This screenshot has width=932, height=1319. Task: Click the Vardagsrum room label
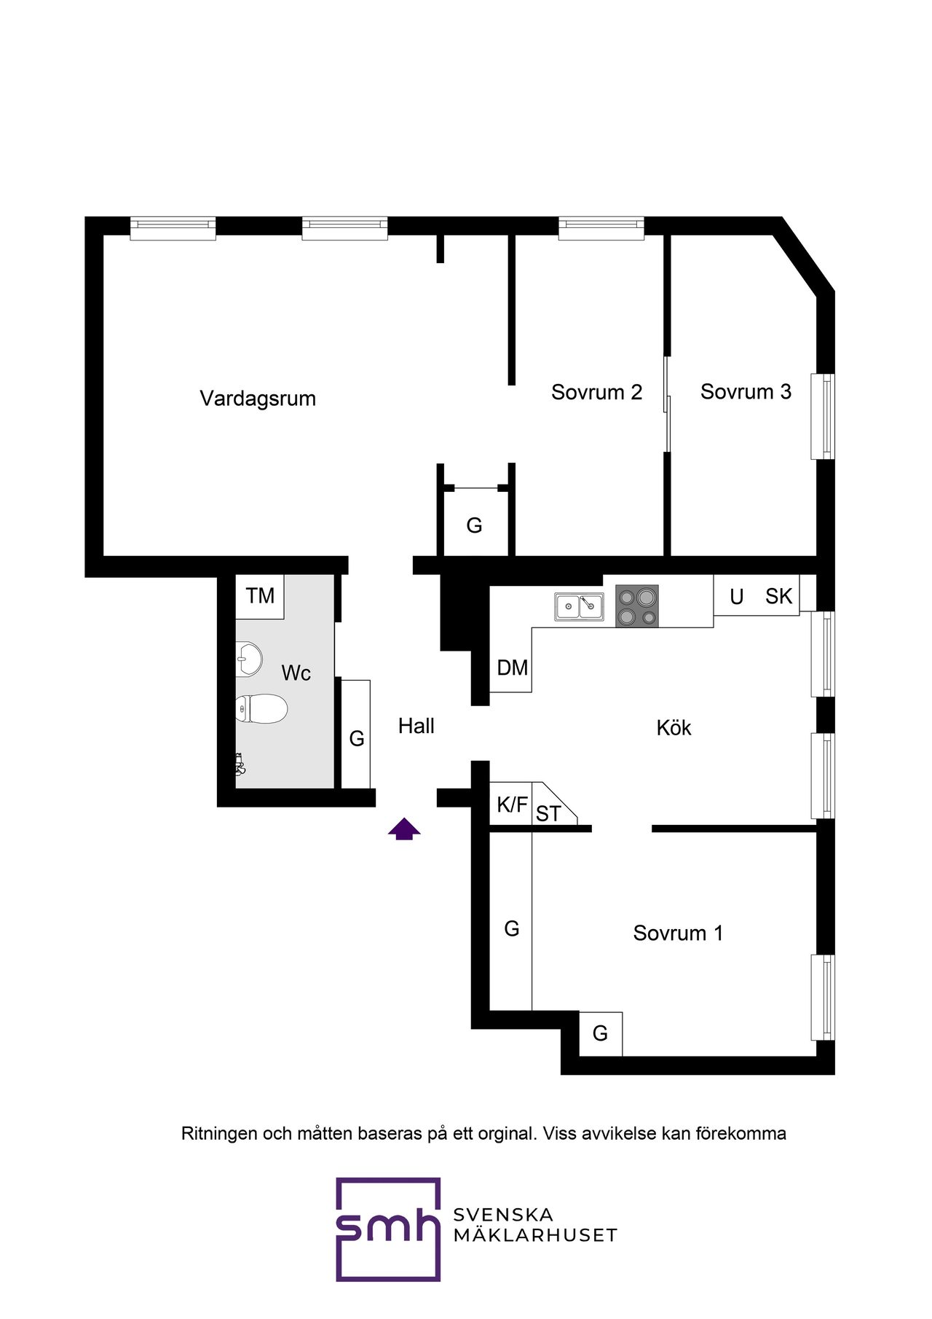click(x=258, y=399)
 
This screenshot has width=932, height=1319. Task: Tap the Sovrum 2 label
click(x=596, y=392)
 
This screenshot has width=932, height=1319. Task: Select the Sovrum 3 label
click(x=746, y=391)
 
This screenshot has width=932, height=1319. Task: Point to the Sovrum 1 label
click(x=678, y=933)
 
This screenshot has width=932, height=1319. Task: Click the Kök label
click(x=674, y=727)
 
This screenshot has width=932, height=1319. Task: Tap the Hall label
click(x=416, y=726)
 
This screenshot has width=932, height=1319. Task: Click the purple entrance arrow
click(x=404, y=829)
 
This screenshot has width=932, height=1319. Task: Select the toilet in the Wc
click(x=261, y=708)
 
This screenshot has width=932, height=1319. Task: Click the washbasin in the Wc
click(x=249, y=659)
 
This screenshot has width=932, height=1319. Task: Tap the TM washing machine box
click(x=260, y=597)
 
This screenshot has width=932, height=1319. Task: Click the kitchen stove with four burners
click(x=637, y=606)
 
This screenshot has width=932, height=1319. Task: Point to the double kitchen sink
click(x=579, y=606)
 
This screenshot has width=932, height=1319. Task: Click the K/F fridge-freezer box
click(x=511, y=804)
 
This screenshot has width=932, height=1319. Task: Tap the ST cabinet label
click(x=548, y=814)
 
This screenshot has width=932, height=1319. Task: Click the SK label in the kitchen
click(x=778, y=596)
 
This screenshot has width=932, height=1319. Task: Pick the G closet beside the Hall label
click(x=356, y=734)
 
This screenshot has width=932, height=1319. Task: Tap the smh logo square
click(x=388, y=1229)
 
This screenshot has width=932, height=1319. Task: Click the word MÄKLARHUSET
click(x=535, y=1234)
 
